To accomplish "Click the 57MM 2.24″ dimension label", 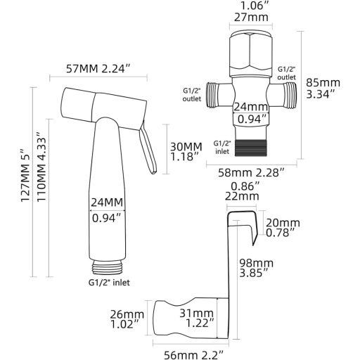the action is point(98,69).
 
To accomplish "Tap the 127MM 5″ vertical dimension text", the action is point(26,174).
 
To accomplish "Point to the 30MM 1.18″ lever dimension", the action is point(186,152).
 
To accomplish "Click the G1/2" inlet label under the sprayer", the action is point(109,283).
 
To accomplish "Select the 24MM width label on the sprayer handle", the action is point(107,202).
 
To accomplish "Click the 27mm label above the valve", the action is point(251,17).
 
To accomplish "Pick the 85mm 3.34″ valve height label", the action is point(323,89).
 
